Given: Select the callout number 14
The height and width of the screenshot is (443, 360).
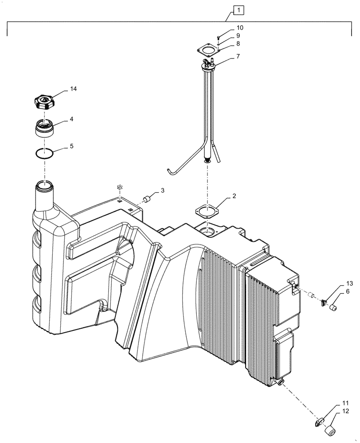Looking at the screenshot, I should (x=72, y=89).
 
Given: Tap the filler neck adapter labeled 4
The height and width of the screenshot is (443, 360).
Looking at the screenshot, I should (x=45, y=128).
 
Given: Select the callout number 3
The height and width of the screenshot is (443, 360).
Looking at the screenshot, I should (x=163, y=190).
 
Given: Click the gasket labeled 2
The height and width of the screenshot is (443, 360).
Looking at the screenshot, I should (x=207, y=209).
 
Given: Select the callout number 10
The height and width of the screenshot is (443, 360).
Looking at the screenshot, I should (x=239, y=27).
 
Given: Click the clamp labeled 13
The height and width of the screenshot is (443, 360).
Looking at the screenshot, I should (x=324, y=303).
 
